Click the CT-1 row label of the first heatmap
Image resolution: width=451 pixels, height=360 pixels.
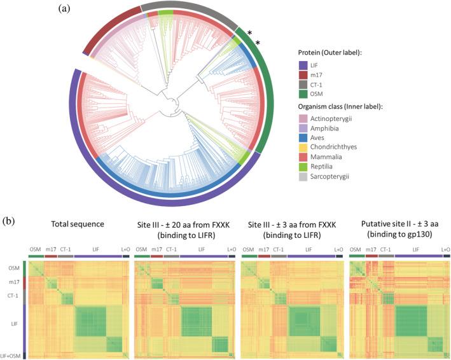pyautogui.click(x=14, y=295)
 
